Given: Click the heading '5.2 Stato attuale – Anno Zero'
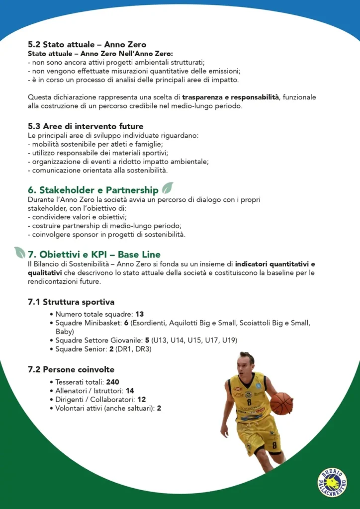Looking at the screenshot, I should pos(87,45).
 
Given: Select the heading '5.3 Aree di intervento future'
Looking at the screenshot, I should pos(86,126).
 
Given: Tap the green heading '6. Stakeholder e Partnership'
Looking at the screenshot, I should pos(93,190).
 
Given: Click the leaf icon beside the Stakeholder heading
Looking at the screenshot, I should pos(168,188).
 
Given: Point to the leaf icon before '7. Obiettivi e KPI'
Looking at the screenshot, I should pos(20,253).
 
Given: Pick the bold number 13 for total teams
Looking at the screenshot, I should pos(139,314).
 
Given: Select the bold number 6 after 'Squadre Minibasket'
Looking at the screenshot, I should pos(126,323).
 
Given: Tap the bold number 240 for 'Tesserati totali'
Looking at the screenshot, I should pos(113,382).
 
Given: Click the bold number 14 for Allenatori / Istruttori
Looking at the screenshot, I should pos(130,391).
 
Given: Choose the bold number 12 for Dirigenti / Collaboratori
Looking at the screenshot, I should pos(141,400).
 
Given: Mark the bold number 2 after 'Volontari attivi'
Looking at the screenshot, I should pos(159,409).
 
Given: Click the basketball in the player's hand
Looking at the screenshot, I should pos(281,403).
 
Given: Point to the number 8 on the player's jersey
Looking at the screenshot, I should pos(249,402).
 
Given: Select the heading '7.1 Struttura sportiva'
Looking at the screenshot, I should pos(71,302).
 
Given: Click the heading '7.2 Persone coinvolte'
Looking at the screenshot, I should pos(71,370).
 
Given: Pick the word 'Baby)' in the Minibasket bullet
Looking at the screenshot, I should pos(65,332).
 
